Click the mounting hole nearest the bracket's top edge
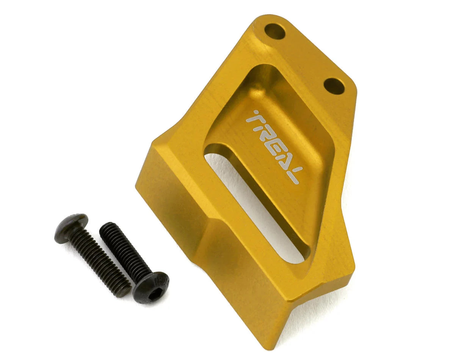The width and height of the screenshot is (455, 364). [x=275, y=31]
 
